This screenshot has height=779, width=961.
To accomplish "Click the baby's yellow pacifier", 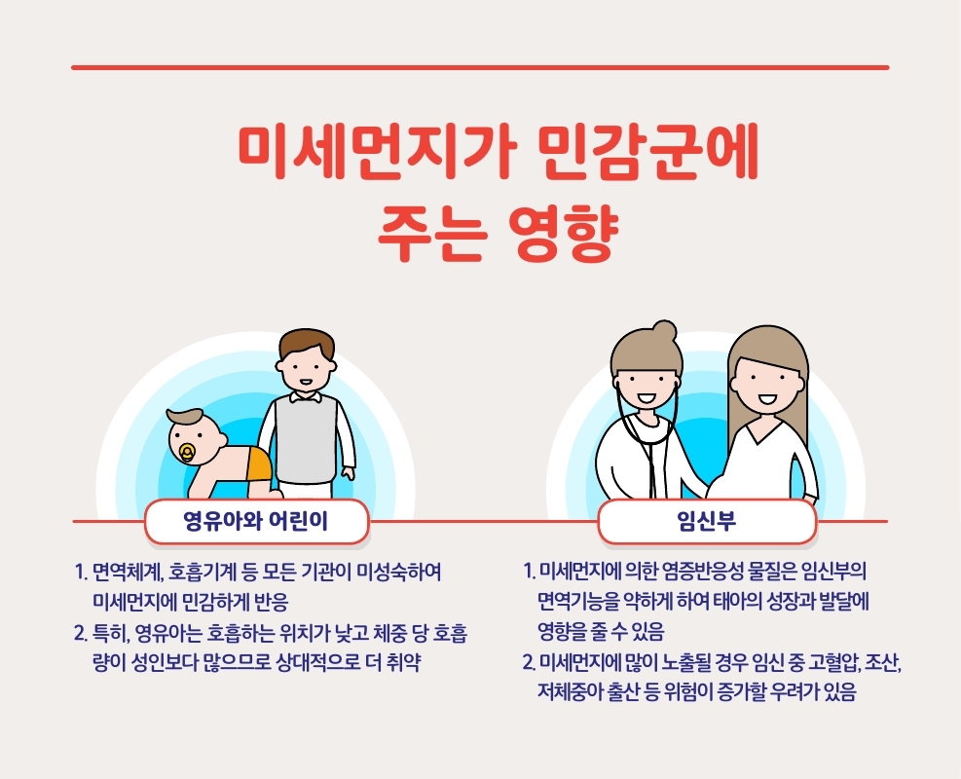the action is tap(187, 453).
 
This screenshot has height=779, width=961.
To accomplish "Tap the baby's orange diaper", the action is tap(257, 464).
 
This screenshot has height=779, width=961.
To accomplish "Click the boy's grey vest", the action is tap(306, 437).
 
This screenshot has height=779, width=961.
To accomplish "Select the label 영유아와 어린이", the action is tap(256, 521).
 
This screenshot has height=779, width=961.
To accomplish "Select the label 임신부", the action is tap(707, 521).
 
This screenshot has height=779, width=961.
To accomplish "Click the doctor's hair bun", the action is tap(664, 331).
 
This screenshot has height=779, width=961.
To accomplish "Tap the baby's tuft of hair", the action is tap(184, 418).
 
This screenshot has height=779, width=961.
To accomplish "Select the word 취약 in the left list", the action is tap(404, 662).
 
